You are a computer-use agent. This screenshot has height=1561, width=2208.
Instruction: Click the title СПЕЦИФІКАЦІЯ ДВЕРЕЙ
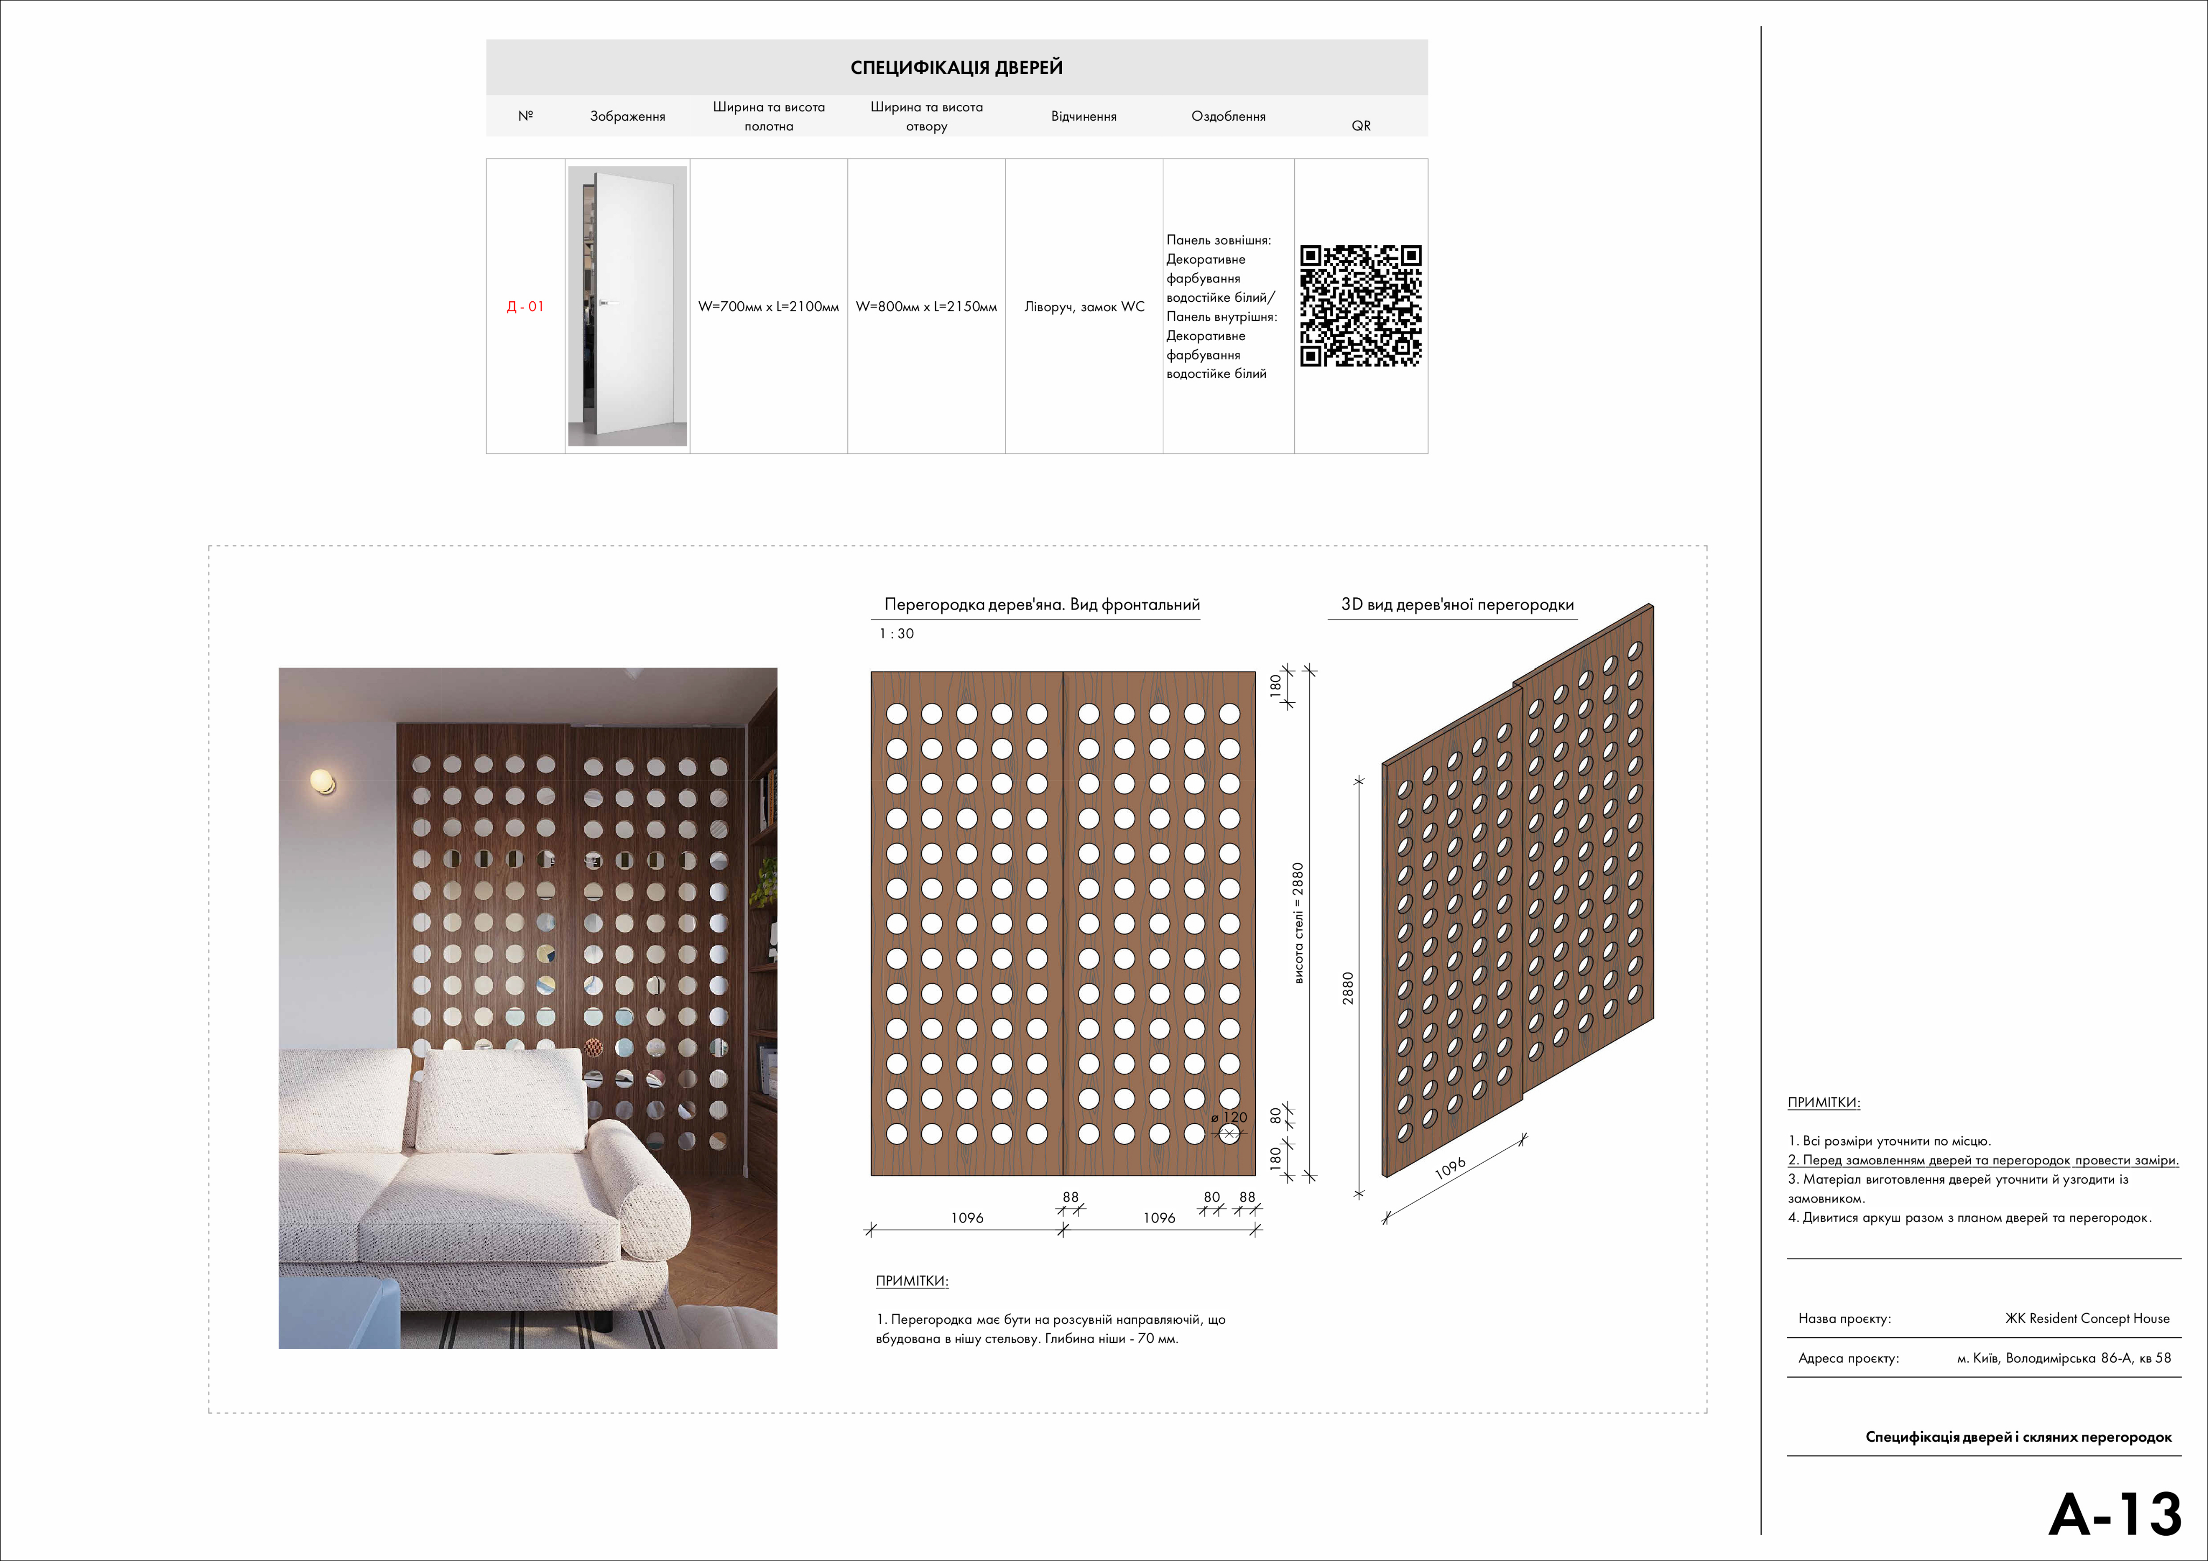[956, 67]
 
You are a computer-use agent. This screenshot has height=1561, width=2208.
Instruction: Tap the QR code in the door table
[1361, 306]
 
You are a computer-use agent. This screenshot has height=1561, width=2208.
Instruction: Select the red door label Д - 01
[525, 307]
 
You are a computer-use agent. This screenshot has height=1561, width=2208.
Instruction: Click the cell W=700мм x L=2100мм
[768, 307]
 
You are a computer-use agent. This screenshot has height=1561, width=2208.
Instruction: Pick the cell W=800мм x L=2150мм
[926, 307]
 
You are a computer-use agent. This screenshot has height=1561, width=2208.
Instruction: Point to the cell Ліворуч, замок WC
[1084, 307]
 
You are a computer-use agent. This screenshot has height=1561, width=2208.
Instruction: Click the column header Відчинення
[1084, 116]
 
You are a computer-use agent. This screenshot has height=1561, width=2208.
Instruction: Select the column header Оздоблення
[1228, 116]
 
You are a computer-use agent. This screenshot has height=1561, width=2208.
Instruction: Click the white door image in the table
[628, 306]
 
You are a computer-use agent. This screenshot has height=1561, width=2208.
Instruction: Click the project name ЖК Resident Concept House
[2087, 1318]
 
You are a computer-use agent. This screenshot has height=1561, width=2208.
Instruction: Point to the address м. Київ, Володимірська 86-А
[2064, 1358]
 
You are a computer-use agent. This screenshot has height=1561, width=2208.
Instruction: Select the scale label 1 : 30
[896, 634]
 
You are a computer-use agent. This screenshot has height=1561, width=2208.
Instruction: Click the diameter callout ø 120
[1229, 1117]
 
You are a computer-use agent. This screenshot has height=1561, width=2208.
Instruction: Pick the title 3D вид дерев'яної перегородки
[1457, 605]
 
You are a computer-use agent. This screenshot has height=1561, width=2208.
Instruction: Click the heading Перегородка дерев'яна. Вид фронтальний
[1041, 605]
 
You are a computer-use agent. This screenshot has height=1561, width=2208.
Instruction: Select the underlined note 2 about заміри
[1983, 1160]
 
